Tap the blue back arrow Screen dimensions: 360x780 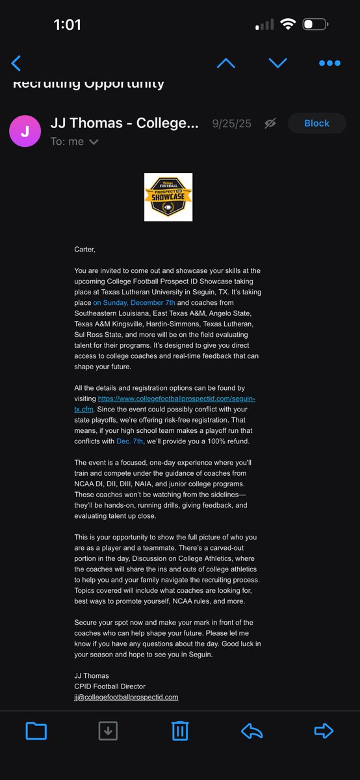pos(16,63)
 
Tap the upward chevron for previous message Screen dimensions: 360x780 pos(225,63)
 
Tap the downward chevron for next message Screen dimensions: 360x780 pos(277,63)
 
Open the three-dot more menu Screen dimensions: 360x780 pos(329,63)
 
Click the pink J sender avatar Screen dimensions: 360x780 pos(25,131)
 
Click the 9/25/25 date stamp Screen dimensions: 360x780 pos(230,123)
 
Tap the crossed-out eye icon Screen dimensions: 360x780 pos(270,123)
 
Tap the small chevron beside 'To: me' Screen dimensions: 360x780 pos(94,142)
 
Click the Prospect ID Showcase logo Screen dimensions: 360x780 pos(168,197)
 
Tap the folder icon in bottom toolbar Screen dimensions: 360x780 pos(36,731)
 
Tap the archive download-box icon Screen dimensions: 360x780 pos(108,731)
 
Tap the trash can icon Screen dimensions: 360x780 pos(180,731)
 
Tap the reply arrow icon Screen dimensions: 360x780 pos(251,731)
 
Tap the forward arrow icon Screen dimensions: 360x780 pos(323,731)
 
